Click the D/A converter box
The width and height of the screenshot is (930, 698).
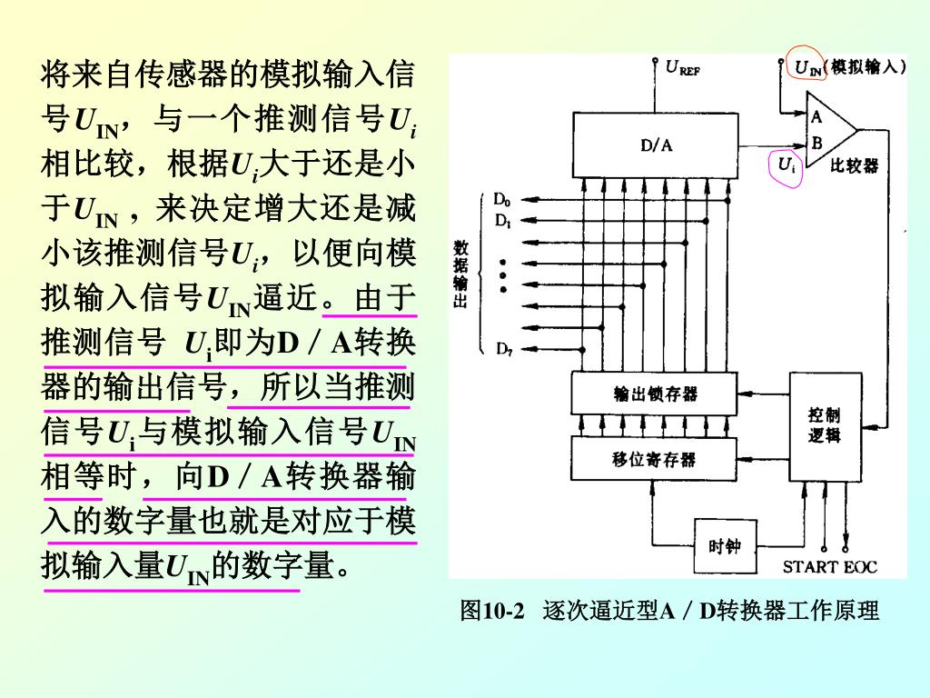[x=656, y=145]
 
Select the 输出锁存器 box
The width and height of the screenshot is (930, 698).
[x=656, y=393]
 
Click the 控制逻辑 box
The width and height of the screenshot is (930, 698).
[x=825, y=426]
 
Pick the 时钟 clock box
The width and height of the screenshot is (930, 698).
[x=724, y=546]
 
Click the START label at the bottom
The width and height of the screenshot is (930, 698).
[x=812, y=567]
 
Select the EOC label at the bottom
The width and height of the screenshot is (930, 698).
[x=861, y=567]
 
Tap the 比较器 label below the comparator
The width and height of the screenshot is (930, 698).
[x=855, y=165]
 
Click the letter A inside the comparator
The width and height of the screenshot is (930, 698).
[x=816, y=115]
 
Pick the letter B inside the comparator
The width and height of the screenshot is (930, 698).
[x=816, y=143]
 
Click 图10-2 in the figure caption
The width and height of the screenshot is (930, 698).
[x=493, y=611]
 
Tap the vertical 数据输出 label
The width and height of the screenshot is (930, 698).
[x=460, y=273]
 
